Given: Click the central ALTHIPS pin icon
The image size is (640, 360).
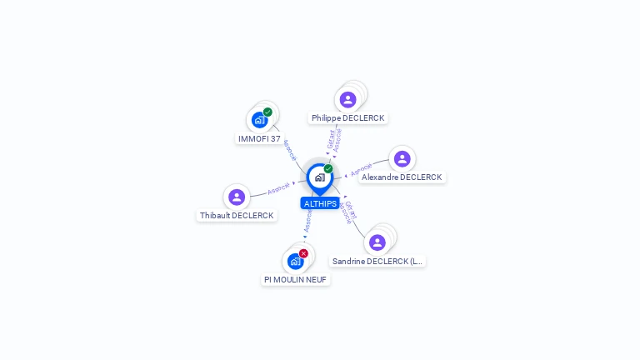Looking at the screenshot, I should click(319, 177).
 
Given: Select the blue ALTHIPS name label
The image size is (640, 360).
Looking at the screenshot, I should click(320, 203).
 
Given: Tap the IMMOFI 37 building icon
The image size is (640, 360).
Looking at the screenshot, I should click(259, 120).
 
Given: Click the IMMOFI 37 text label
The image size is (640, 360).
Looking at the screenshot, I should click(259, 138).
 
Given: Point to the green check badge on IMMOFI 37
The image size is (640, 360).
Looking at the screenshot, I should click(267, 112).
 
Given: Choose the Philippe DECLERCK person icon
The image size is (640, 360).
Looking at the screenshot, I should click(347, 100).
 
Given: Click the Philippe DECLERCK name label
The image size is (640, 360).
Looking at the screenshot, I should click(347, 118).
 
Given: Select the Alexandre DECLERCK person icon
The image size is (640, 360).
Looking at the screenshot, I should click(402, 159).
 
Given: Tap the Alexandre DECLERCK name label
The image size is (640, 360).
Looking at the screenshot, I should click(402, 177).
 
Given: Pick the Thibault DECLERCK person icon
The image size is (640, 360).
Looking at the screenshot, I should click(237, 197).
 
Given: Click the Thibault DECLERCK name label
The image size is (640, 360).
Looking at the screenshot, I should click(237, 216).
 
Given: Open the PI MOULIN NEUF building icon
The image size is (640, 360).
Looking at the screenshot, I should click(295, 262).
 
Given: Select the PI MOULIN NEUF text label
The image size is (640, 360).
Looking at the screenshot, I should click(295, 280).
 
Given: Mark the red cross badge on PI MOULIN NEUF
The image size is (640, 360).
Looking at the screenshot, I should click(303, 253).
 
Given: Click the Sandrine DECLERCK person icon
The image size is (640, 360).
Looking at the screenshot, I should click(377, 242).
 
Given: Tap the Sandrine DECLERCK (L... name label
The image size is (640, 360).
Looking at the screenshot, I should click(377, 262).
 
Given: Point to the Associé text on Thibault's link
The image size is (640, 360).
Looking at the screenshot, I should click(279, 188).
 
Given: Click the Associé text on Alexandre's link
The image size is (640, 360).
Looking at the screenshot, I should click(361, 169).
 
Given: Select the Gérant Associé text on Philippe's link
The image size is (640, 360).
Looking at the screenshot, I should click(333, 139).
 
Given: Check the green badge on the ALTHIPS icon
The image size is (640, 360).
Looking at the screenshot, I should click(328, 168).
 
